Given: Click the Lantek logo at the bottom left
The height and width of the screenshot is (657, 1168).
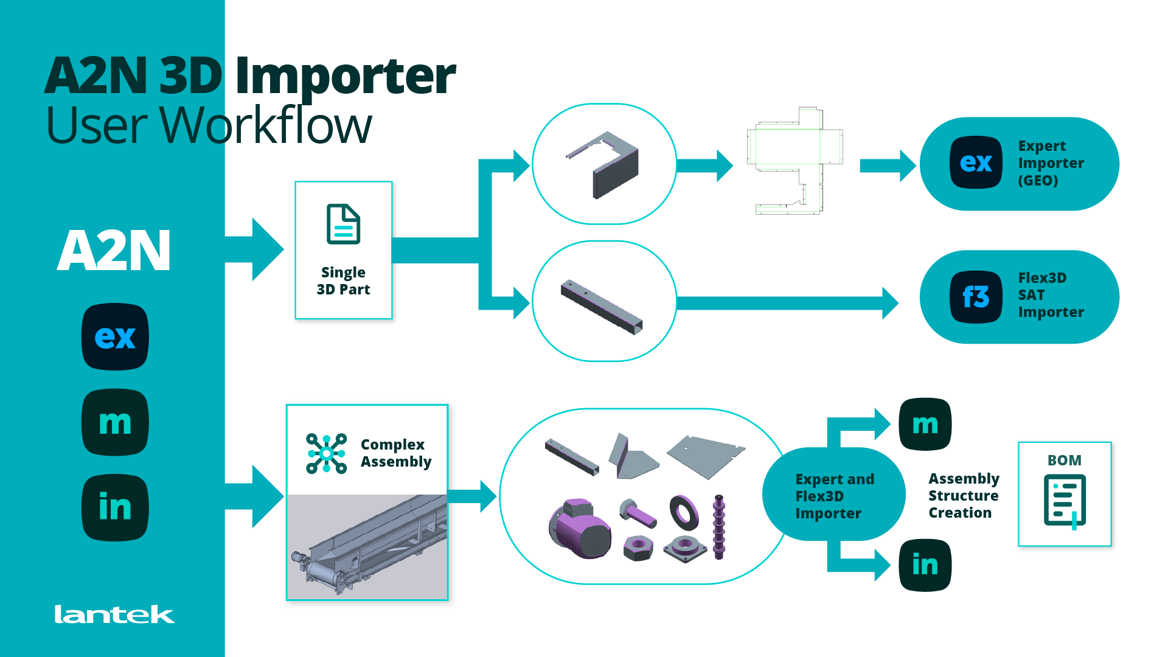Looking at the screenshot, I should (114, 614).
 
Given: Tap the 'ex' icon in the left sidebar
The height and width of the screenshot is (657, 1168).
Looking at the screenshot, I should (115, 336).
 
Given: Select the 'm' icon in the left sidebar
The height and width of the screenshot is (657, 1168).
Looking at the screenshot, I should (115, 422).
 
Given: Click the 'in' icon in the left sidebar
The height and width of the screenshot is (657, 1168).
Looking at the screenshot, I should (115, 507).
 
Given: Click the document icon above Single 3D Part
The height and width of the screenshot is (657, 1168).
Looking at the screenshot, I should (343, 224).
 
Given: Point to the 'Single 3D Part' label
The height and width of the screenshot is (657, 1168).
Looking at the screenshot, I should (343, 281).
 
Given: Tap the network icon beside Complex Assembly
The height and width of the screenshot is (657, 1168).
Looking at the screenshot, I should (326, 454).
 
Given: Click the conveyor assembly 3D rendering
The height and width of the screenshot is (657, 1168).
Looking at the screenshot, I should (367, 546).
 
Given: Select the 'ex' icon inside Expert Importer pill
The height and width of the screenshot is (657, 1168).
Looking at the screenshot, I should (976, 162).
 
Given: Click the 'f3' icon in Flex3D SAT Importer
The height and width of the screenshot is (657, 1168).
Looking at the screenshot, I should (976, 297).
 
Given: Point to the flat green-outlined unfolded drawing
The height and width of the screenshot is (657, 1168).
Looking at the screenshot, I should (794, 161).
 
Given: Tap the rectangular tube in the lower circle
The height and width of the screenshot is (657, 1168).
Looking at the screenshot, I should (602, 307).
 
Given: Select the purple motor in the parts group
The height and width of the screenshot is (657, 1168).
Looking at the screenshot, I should (579, 528).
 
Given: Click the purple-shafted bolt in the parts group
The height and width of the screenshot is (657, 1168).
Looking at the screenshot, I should (638, 513).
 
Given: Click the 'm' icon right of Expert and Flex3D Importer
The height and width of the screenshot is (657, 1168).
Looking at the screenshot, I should (925, 424).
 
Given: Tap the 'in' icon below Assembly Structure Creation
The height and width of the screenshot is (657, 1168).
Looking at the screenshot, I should (925, 565).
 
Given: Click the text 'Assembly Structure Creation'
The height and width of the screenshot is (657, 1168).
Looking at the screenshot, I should (963, 496).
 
